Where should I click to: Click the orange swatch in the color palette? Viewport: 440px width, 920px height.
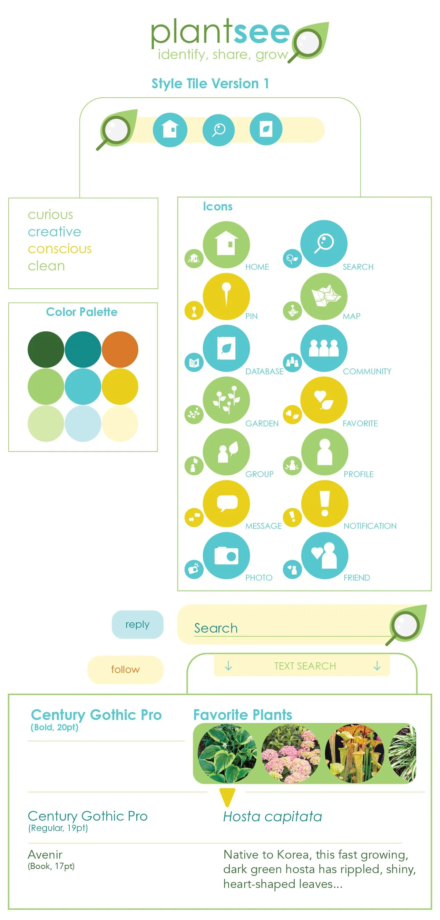point(120,349)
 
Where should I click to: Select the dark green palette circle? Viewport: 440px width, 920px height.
point(46,349)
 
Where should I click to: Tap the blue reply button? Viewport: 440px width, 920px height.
point(138,624)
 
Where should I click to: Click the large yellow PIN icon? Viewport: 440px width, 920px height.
point(226,296)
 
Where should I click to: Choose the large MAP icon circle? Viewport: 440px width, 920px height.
point(323,296)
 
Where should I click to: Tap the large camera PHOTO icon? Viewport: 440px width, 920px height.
point(226,555)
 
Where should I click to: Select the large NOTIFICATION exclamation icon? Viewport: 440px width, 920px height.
point(324,504)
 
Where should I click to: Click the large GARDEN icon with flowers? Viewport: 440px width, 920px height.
point(226,400)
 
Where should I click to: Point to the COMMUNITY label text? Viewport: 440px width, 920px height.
point(367,372)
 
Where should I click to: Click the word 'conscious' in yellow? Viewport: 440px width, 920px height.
point(60,249)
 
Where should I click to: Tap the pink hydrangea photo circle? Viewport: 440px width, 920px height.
point(291,754)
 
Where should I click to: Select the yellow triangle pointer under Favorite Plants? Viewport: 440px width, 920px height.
point(227,797)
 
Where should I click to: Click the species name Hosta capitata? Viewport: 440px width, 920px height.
point(272,817)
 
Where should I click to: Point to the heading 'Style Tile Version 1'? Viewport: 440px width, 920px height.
point(210,83)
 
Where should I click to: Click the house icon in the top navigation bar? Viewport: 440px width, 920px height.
point(170,129)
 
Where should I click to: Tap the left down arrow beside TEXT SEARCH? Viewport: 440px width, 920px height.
point(228,666)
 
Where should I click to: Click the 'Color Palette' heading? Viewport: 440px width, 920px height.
point(81,312)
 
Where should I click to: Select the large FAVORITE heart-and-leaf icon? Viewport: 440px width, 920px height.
point(323,400)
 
